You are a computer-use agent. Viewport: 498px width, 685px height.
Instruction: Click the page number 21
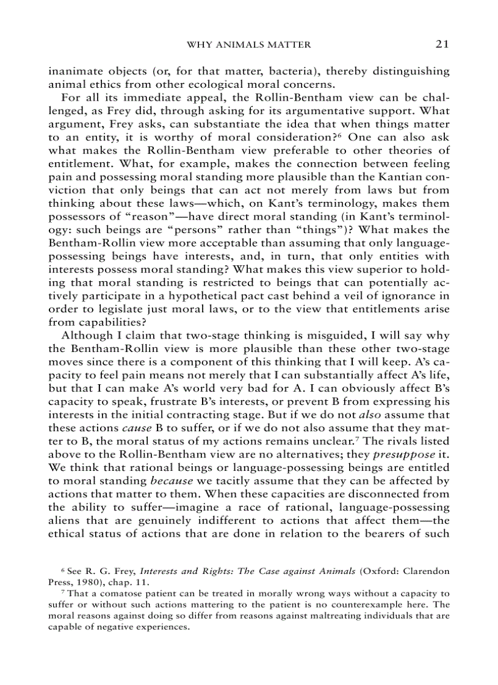(x=442, y=44)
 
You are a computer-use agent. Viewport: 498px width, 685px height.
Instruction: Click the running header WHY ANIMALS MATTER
(x=248, y=45)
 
